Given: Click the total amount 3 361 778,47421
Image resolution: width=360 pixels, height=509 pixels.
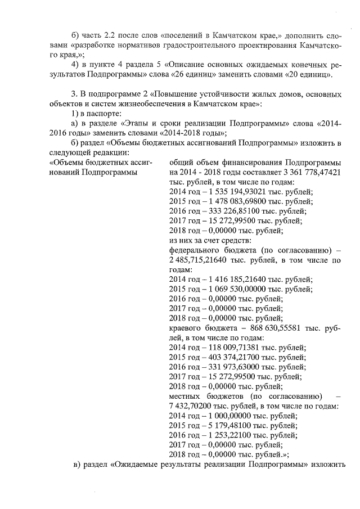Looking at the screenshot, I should (x=309, y=172).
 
